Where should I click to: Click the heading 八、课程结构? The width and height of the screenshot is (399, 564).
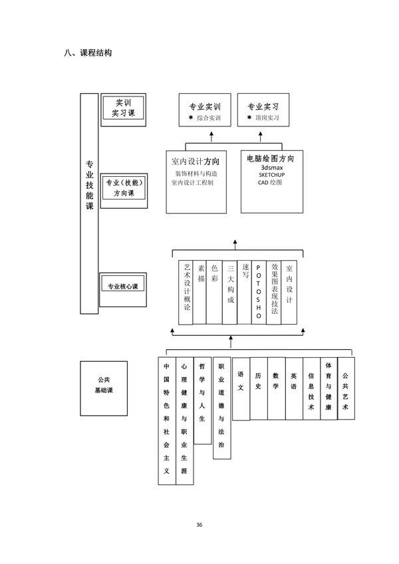pos(88,53)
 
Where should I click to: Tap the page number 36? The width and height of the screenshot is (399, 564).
pos(199,525)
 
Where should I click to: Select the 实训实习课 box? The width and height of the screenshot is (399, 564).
pos(124,110)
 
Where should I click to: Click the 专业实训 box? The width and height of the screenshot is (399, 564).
pos(205,110)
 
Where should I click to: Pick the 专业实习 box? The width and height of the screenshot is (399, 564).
pos(263,110)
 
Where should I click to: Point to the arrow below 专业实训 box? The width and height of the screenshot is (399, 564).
pos(211,137)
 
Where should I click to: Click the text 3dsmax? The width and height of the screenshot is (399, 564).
pos(272,168)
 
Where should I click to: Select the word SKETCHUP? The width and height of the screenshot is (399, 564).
pos(271,175)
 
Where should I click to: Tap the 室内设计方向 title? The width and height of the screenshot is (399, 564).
pos(196,162)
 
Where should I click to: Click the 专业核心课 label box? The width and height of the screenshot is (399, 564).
pos(123,289)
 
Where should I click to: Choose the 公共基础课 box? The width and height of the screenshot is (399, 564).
pos(104,388)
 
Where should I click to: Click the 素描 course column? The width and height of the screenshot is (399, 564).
pos(199,292)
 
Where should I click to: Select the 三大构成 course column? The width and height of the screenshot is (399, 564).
pos(230,292)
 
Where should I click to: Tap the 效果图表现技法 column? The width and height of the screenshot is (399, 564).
pos(274,292)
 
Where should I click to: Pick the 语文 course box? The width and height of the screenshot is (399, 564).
pos(241,389)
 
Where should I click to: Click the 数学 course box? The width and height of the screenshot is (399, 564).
pos(277,388)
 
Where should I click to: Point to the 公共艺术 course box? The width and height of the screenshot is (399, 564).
pos(346,388)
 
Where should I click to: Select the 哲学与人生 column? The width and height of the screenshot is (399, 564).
pos(203,400)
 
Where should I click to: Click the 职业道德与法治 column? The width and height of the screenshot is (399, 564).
pos(221,408)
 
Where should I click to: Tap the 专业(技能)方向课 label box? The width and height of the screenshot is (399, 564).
pos(124,191)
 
